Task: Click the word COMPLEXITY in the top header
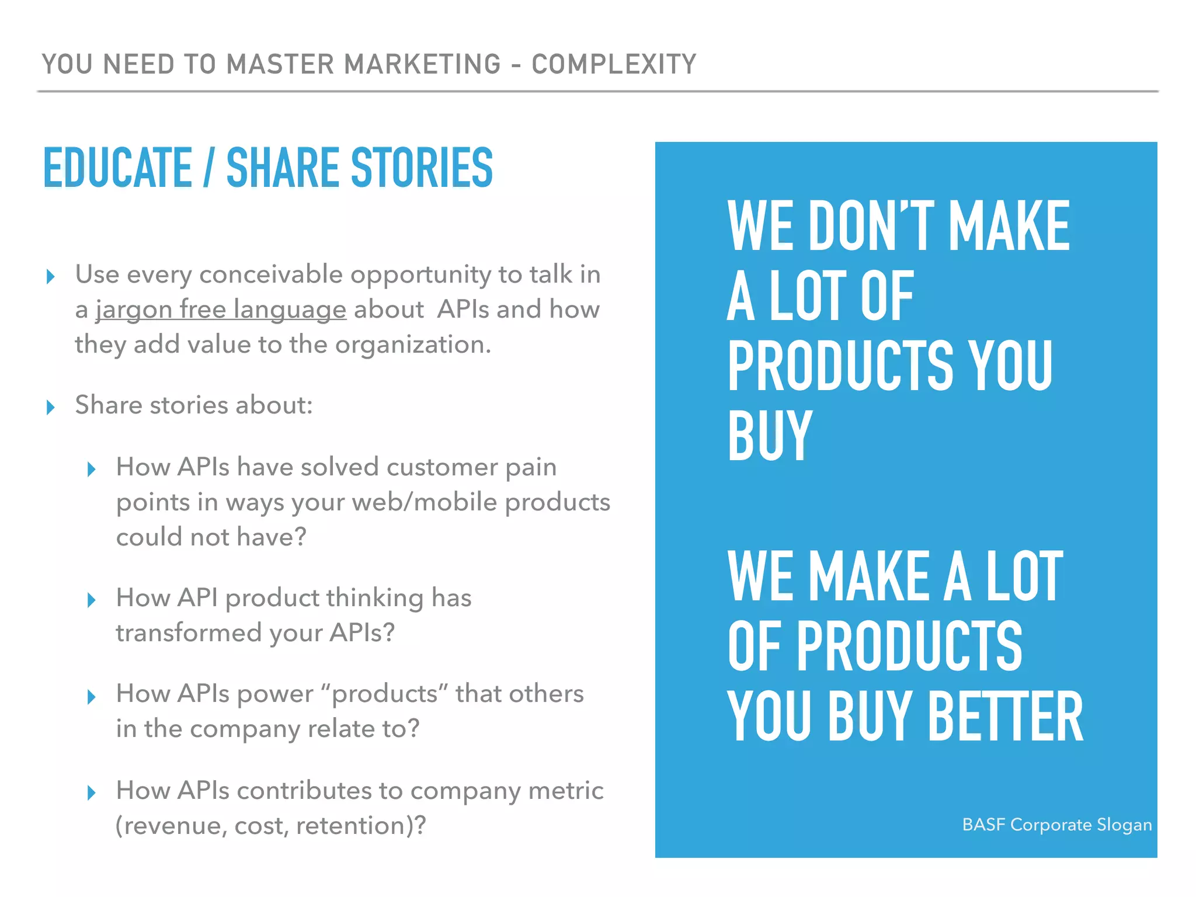[x=614, y=64]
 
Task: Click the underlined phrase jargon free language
[x=221, y=310]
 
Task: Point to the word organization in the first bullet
[x=412, y=345]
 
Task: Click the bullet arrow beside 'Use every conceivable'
[x=51, y=276]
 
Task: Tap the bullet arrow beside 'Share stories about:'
[x=51, y=407]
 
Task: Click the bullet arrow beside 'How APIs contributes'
[x=92, y=792]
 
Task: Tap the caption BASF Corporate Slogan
[x=1056, y=825]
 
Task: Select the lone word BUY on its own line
[x=770, y=434]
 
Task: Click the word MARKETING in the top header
[x=422, y=64]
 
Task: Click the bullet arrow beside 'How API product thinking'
[x=92, y=600]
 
